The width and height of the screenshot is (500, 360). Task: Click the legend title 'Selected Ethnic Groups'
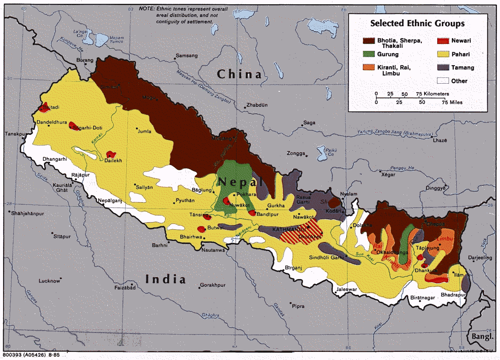[417, 24]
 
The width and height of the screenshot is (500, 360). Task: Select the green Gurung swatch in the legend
[368, 54]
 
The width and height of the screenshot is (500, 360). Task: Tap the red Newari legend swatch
[443, 41]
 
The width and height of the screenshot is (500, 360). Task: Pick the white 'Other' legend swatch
[443, 81]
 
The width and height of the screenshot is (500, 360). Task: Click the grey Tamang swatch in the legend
[443, 67]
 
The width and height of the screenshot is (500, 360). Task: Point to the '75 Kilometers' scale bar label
[432, 94]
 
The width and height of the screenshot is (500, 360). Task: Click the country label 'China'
[239, 74]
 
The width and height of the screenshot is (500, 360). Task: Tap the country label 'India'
[165, 279]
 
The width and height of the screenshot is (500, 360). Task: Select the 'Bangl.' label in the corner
[482, 336]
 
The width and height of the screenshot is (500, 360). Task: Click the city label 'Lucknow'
[49, 281]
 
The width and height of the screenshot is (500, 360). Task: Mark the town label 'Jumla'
[144, 131]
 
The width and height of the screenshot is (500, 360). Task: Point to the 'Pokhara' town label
[247, 195]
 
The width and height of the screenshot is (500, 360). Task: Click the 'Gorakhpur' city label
[213, 286]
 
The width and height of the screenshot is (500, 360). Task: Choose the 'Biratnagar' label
[423, 298]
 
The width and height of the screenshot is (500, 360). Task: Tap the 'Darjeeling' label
[480, 257]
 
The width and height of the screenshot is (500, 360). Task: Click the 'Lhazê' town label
[440, 141]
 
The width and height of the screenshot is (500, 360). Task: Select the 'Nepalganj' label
[110, 200]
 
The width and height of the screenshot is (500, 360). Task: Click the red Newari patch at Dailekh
[111, 155]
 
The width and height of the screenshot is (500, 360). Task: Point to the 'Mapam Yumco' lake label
[116, 40]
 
